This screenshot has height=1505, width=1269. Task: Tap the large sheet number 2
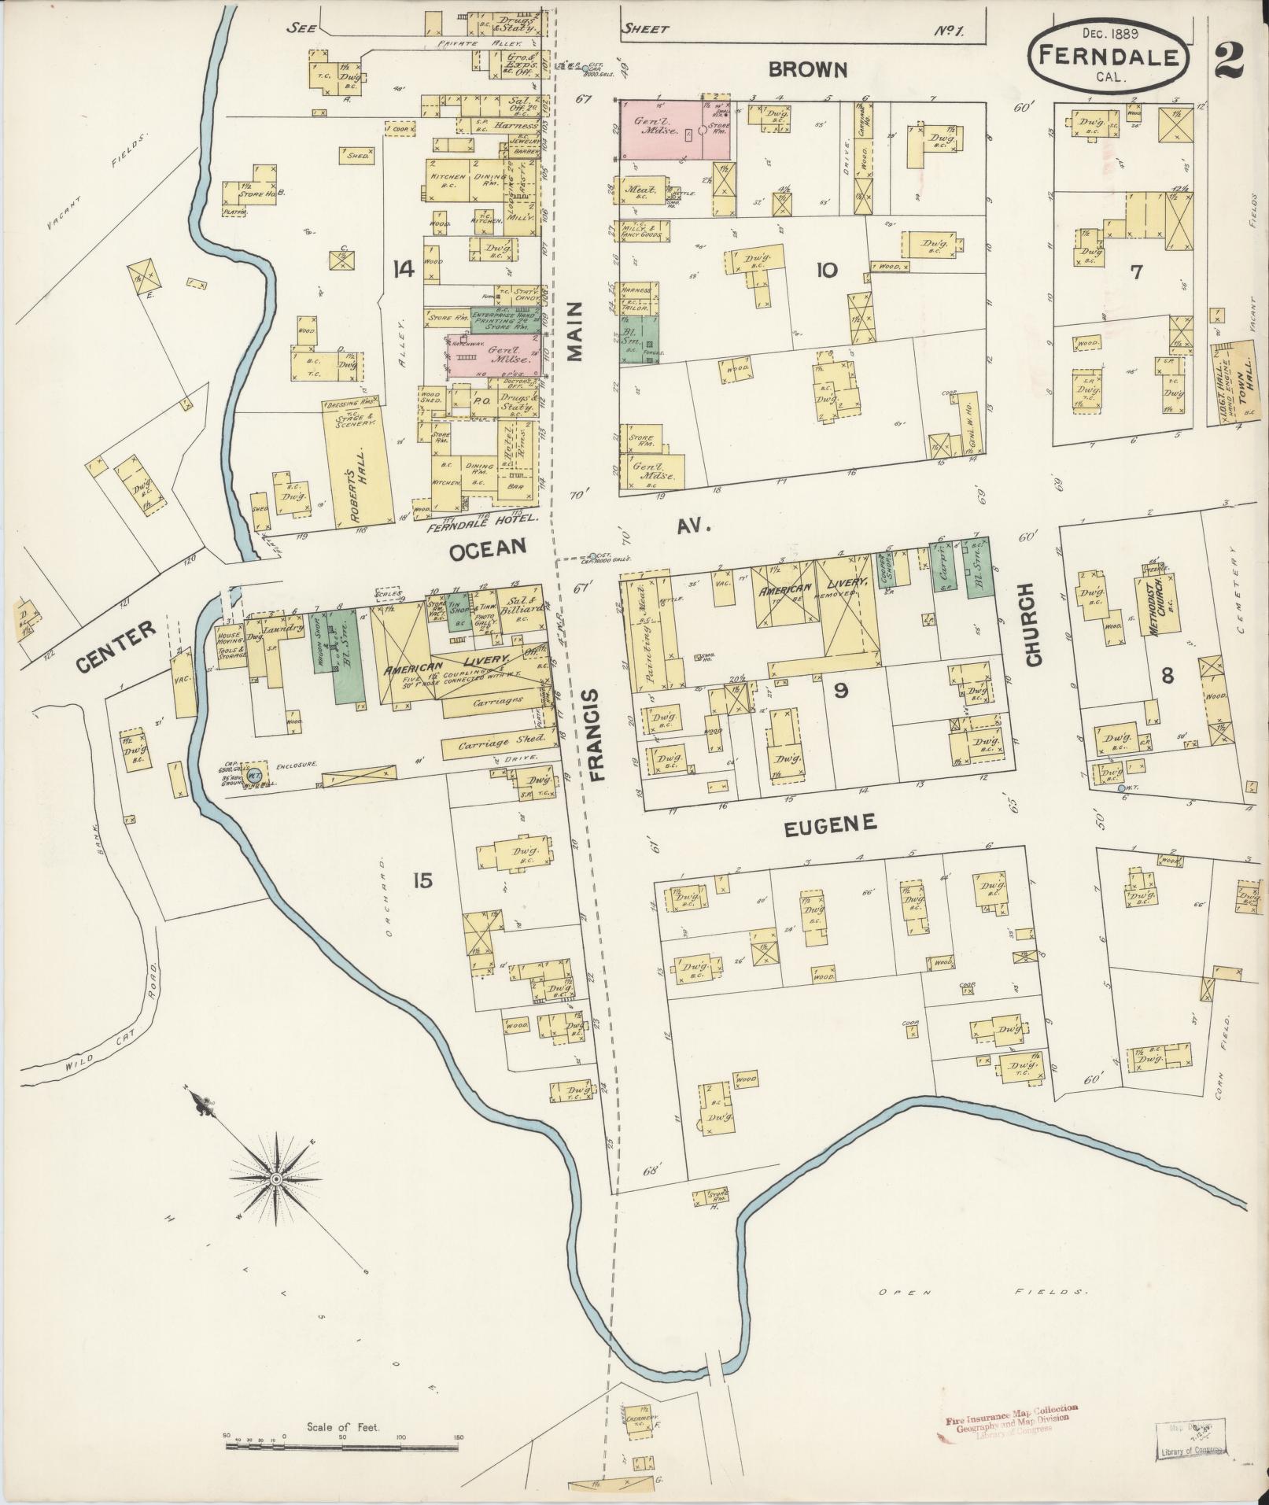coord(1228,60)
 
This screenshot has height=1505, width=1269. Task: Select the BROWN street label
coord(808,71)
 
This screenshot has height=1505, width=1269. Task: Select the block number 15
coord(422,880)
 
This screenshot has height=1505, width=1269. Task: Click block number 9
coord(840,691)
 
